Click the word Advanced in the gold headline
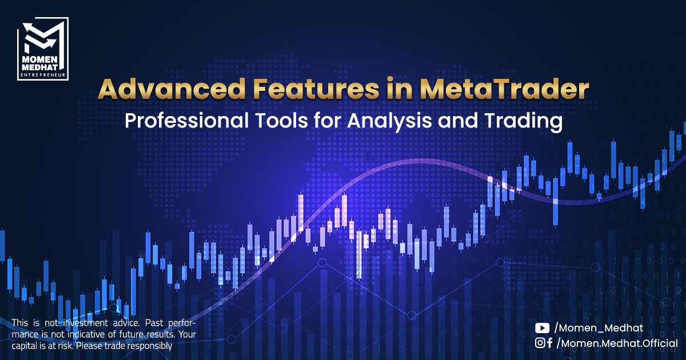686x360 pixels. pyautogui.click(x=171, y=89)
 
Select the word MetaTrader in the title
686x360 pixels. pyautogui.click(x=504, y=89)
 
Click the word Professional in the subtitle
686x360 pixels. pyautogui.click(x=186, y=121)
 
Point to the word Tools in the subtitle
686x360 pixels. pyautogui.click(x=282, y=121)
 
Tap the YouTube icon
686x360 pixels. pyautogui.click(x=542, y=328)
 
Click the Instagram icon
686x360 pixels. pyautogui.click(x=540, y=343)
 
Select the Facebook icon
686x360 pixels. pyautogui.click(x=550, y=343)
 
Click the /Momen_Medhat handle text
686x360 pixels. pyautogui.click(x=599, y=328)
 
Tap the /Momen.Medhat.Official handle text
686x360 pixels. pyautogui.click(x=617, y=343)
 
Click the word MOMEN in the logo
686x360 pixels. pyautogui.click(x=40, y=59)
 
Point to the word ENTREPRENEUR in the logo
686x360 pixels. pyautogui.click(x=43, y=75)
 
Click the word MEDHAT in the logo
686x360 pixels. pyautogui.click(x=40, y=67)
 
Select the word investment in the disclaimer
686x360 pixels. pyautogui.click(x=85, y=323)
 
